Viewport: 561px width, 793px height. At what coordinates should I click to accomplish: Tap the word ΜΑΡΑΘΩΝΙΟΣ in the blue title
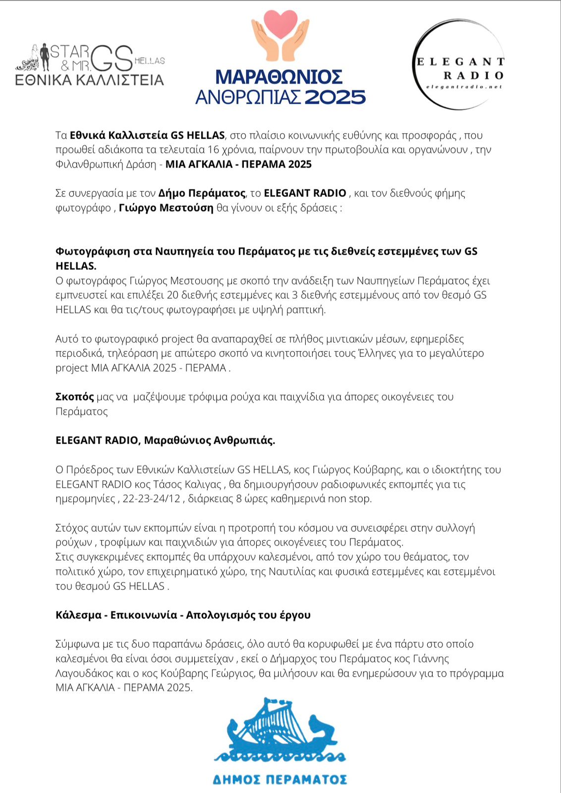click(279, 77)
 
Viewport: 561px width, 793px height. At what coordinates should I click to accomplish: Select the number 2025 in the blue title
click(335, 97)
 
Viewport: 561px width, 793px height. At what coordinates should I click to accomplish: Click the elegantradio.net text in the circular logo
click(464, 87)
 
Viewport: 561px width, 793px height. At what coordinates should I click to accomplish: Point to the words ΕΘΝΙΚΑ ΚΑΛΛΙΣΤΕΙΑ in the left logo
click(89, 80)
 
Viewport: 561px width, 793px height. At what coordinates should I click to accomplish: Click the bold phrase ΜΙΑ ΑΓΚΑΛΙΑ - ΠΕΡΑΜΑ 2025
click(238, 164)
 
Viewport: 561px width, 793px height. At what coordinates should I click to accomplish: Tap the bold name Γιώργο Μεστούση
click(166, 208)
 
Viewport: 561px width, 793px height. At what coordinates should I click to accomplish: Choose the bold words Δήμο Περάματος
click(202, 193)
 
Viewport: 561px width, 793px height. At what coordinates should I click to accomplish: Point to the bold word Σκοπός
click(74, 396)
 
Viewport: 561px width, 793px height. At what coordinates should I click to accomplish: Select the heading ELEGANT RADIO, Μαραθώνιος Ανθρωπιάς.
click(165, 440)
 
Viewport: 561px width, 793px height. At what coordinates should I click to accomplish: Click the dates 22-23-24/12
click(152, 499)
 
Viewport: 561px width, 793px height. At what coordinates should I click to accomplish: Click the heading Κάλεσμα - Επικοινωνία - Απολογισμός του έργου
click(183, 615)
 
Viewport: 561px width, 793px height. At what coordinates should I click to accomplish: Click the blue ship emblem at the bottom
click(280, 731)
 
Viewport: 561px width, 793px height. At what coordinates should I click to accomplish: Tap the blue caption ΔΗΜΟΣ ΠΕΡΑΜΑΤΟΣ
click(280, 780)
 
